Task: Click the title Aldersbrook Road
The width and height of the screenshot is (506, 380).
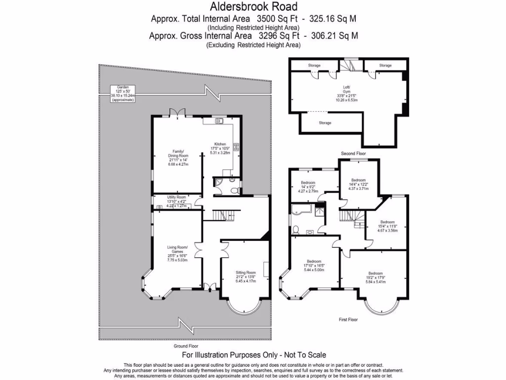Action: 254,6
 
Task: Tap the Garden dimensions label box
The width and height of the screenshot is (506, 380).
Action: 123,93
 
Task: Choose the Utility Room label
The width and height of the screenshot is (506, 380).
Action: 175,200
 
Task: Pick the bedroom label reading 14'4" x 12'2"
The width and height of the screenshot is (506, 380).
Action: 358,184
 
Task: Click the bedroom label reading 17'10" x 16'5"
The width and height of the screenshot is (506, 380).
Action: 314,265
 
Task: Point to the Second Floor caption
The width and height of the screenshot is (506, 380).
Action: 353,154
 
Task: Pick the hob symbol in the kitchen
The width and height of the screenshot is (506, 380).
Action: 236,146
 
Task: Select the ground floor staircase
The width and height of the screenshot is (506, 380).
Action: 223,215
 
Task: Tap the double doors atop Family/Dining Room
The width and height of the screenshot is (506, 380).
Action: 177,113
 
